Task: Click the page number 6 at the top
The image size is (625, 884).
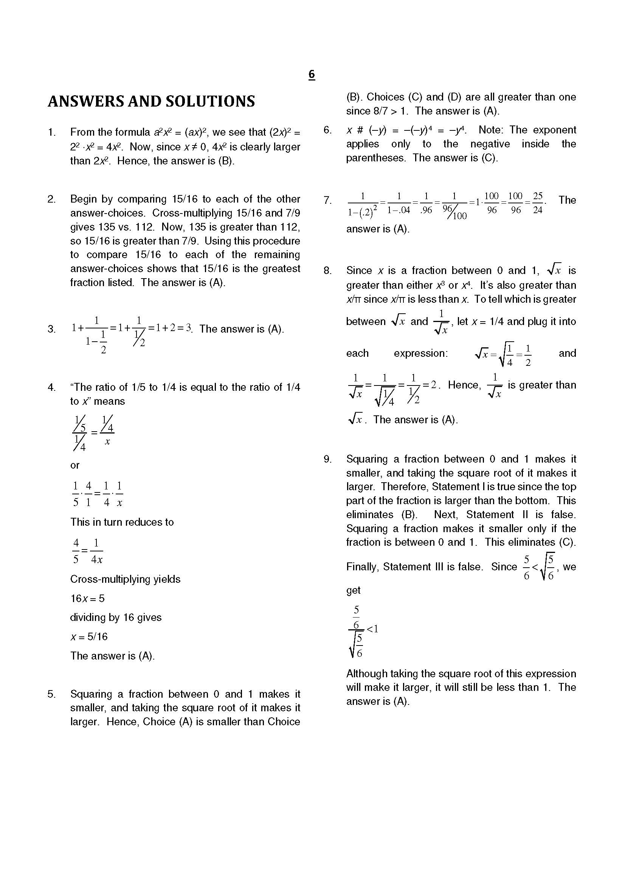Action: click(x=312, y=74)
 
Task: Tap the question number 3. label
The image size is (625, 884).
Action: click(x=51, y=329)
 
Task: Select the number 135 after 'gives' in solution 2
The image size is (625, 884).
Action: click(x=98, y=227)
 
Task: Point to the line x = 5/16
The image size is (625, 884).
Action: click(x=88, y=636)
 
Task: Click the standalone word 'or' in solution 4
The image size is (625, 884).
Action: click(x=75, y=465)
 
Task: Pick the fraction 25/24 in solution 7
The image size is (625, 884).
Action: click(x=538, y=203)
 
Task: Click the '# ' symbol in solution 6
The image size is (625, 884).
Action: click(x=360, y=130)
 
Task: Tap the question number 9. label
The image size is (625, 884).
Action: click(x=327, y=459)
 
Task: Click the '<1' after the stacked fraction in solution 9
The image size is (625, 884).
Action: click(x=372, y=629)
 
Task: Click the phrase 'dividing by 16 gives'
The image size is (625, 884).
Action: click(x=116, y=617)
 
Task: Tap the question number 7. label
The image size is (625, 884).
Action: click(x=327, y=200)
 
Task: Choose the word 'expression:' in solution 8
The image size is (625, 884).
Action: click(x=420, y=353)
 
